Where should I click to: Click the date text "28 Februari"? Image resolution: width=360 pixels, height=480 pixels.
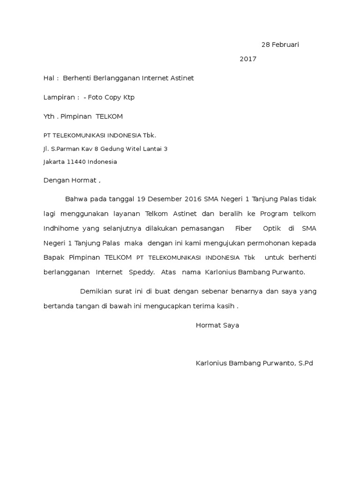pos(280,45)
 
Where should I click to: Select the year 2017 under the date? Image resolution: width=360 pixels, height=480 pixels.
pos(248,59)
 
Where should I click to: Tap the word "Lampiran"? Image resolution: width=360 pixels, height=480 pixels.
pos(59,97)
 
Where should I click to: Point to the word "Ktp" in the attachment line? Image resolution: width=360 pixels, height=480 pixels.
pos(128,97)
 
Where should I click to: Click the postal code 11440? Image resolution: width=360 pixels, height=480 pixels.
pos(79,162)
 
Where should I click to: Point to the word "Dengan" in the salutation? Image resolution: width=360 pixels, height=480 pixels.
pos(56,180)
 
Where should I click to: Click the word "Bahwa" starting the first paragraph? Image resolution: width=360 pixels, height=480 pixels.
pos(75,199)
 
